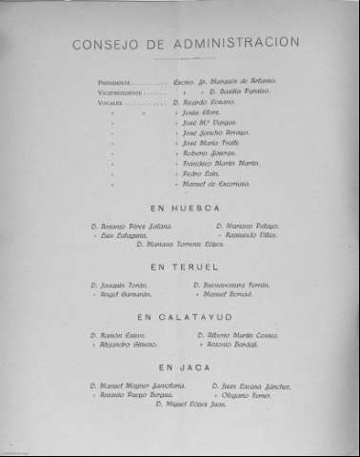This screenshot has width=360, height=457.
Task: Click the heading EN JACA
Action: point(181,367)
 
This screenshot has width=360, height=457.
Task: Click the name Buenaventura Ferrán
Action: point(235,286)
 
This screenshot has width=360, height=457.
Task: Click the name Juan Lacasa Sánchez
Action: point(248,385)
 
